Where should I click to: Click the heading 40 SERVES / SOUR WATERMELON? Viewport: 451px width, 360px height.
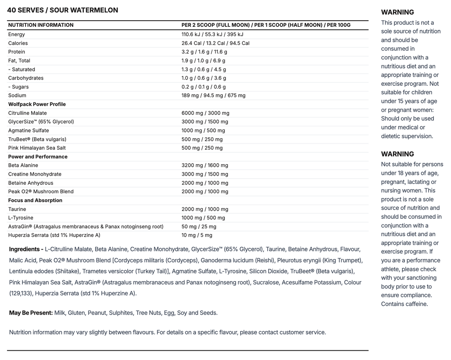point(63,10)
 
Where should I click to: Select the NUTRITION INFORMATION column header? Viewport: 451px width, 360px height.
point(41,25)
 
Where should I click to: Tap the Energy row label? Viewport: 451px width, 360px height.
point(17,34)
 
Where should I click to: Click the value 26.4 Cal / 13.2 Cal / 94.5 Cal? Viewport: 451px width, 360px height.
point(215,43)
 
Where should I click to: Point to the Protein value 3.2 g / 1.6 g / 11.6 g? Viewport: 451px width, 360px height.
point(204,52)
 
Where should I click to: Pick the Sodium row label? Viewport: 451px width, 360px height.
point(17,96)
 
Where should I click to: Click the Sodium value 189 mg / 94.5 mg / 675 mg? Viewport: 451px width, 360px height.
point(214,96)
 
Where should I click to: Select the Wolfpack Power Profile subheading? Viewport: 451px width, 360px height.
point(37,104)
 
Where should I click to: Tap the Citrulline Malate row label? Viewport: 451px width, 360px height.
point(27,113)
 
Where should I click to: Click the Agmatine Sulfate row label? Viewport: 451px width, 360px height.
point(29,130)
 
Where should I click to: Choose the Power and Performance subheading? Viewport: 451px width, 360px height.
point(38,157)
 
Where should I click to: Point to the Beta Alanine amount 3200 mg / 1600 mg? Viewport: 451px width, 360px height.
point(205,165)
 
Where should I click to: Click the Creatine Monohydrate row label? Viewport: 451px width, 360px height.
point(35,174)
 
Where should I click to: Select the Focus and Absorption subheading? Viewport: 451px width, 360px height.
point(35,200)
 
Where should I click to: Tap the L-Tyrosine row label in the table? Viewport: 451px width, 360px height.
point(21,218)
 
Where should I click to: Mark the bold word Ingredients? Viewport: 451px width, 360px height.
point(25,250)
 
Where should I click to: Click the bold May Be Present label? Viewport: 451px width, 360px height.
point(31,313)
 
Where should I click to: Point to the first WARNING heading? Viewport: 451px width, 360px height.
point(397,12)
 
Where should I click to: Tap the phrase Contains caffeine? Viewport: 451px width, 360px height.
point(404,304)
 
